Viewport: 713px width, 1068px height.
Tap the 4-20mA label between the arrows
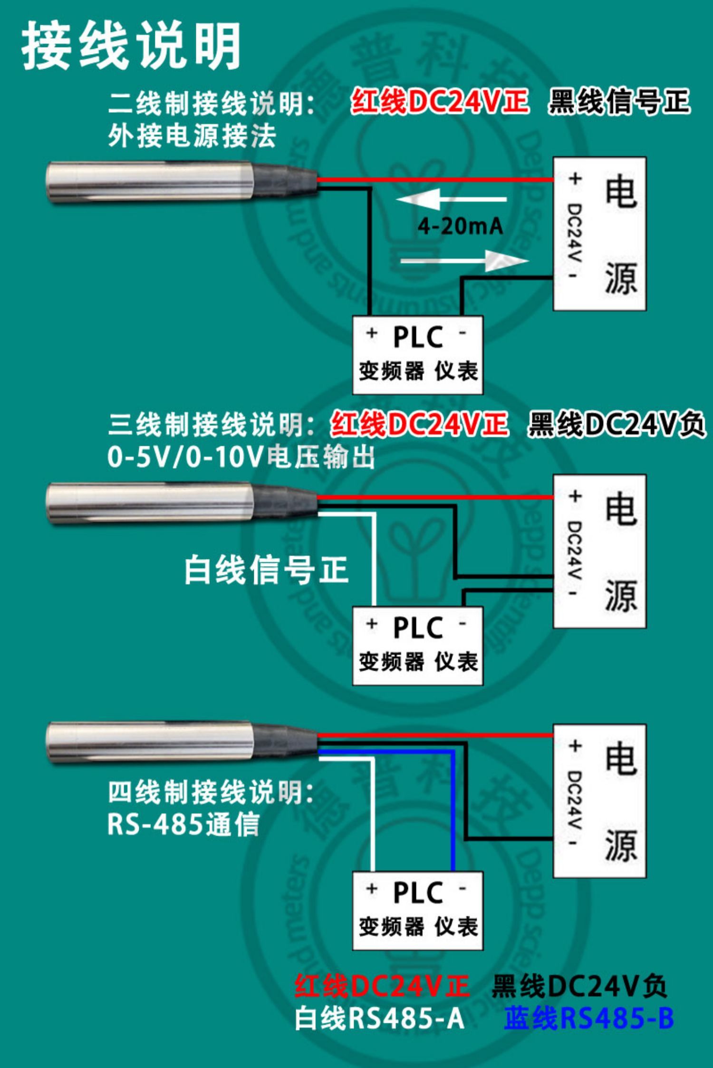(x=460, y=226)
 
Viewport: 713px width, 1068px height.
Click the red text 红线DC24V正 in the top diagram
(x=439, y=102)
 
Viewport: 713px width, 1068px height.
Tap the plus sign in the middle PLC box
(x=372, y=624)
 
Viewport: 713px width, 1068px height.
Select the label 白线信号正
(x=266, y=569)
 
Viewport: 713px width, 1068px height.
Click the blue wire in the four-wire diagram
(x=453, y=809)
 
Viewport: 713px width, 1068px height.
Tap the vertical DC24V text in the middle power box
(x=575, y=549)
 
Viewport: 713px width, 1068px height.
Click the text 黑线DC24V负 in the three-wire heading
(x=616, y=424)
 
